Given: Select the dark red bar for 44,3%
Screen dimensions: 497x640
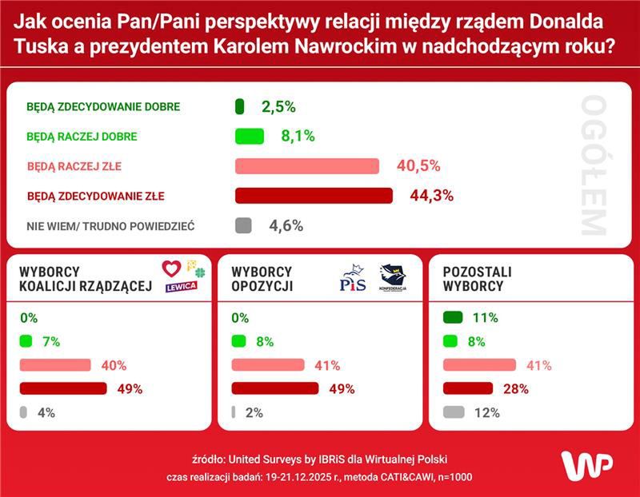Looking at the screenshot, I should [x=314, y=196].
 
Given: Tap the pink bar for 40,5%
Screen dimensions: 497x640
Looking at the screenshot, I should [x=306, y=166].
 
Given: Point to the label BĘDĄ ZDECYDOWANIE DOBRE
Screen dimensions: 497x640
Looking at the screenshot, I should [x=103, y=106].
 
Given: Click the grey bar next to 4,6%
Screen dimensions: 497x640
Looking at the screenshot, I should [x=243, y=225].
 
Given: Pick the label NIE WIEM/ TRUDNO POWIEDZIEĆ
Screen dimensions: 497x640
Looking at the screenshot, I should [x=110, y=226].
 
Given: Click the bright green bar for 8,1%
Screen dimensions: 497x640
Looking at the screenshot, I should [x=249, y=137].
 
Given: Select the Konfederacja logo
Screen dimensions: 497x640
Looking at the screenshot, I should [x=393, y=279].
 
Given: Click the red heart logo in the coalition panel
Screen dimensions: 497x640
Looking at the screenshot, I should [x=171, y=268].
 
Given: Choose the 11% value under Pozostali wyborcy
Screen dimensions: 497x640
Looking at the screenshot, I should [x=485, y=318].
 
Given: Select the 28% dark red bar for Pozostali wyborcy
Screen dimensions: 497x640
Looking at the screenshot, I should [x=468, y=389].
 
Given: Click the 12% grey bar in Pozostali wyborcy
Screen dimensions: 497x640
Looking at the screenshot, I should [x=454, y=413].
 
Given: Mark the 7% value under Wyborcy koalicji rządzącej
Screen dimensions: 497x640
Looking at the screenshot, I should [x=51, y=342].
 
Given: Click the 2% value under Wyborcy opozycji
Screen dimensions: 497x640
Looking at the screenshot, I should [x=254, y=413].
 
